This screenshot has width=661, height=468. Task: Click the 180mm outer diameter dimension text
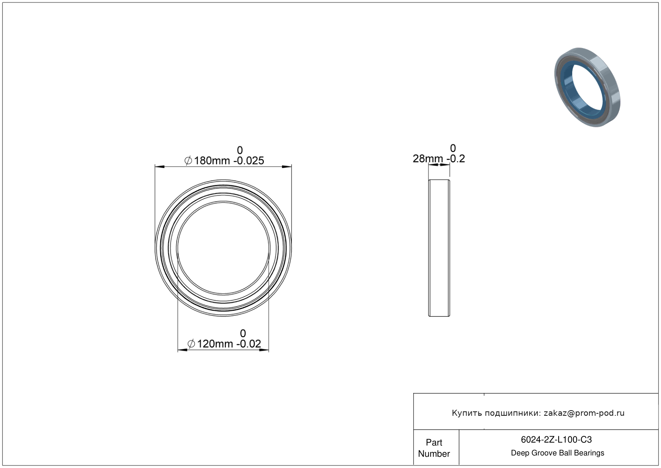(212, 161)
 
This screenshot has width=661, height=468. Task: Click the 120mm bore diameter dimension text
(215, 344)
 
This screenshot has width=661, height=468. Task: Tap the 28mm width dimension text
(428, 159)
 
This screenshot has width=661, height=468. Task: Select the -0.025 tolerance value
(249, 161)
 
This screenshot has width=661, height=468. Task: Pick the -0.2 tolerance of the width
(456, 159)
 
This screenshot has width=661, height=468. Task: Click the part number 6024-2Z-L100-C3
(556, 439)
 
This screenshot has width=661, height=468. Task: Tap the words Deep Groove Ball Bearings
(557, 453)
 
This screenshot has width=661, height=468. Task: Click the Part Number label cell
(434, 448)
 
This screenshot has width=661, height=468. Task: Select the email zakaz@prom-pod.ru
(584, 413)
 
